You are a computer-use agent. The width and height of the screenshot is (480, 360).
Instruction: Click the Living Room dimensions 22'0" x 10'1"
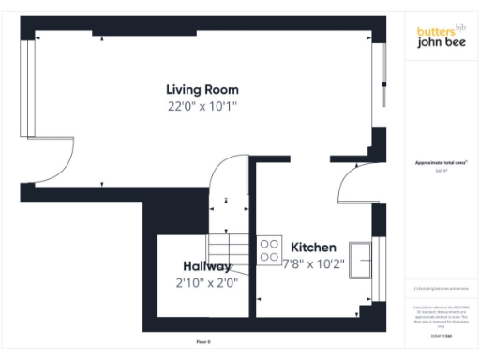pos(197,106)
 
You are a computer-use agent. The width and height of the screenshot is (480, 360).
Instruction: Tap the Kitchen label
pos(313,247)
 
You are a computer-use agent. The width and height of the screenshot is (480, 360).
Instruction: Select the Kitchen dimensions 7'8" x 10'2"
pos(314,263)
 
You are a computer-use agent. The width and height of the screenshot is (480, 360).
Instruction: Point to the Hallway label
pos(206,266)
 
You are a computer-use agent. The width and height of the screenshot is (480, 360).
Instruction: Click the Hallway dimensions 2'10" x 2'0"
pos(206,282)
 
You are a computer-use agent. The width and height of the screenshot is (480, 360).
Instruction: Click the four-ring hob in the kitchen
pos(270,248)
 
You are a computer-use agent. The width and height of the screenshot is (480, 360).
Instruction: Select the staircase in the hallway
pos(230,251)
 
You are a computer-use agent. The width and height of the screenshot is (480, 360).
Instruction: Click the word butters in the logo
pos(436,31)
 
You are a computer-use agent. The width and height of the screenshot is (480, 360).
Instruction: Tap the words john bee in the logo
pos(441,42)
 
